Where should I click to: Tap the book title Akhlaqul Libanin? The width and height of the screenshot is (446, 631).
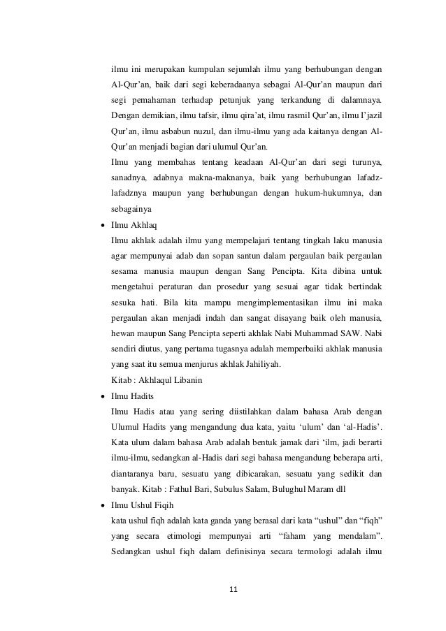pyautogui.click(x=165, y=379)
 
